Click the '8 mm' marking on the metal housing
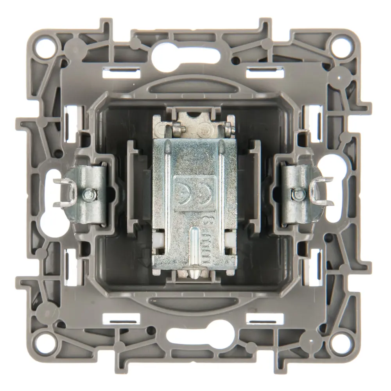coord(206,239)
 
